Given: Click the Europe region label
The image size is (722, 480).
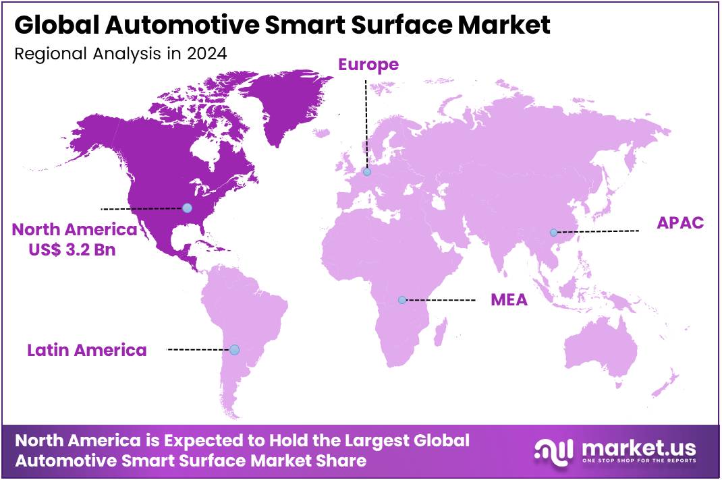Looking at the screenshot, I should point(368,65).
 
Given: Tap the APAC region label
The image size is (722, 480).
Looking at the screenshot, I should point(680,223).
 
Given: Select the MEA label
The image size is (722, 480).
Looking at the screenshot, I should point(509,300).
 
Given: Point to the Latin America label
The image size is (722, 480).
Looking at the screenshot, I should point(87,350).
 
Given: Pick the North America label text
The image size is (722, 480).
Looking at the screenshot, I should point(74,230).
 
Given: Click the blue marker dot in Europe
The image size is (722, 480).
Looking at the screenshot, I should point(367,172).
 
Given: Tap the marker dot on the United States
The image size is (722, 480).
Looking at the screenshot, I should point(187,208).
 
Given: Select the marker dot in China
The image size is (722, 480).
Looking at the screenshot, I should point(553,232).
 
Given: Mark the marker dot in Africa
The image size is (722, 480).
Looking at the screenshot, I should point(402,299).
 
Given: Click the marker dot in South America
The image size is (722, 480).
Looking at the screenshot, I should point(234,349).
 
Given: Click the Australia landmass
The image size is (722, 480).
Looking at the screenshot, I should point(601,351).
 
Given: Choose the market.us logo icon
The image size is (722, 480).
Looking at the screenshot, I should point(553,450).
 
